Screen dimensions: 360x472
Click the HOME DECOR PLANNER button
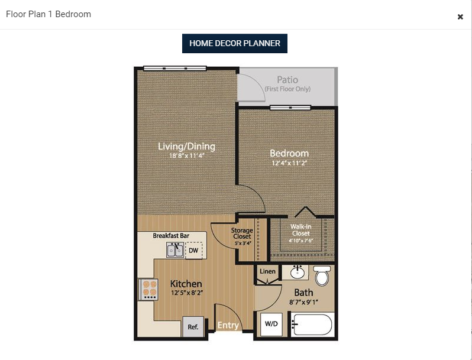234,43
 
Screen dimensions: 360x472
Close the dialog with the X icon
460,17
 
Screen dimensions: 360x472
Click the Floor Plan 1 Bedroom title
49,14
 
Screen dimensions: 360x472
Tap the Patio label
287,80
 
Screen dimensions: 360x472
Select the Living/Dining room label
186,147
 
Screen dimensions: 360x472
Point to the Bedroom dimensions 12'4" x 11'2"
290,163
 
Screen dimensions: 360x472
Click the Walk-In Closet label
300,230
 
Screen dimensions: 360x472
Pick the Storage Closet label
242,233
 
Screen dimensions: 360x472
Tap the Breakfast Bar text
171,235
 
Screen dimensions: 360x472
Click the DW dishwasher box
193,251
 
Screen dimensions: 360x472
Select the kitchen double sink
174,251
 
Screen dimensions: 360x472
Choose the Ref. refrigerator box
193,326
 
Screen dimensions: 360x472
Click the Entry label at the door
228,325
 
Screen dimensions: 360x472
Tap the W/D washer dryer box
271,324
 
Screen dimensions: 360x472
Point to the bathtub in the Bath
312,325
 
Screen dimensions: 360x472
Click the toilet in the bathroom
322,276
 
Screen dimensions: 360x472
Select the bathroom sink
297,273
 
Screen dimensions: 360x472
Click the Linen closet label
267,271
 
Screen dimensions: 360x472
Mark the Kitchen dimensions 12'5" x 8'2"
186,293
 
